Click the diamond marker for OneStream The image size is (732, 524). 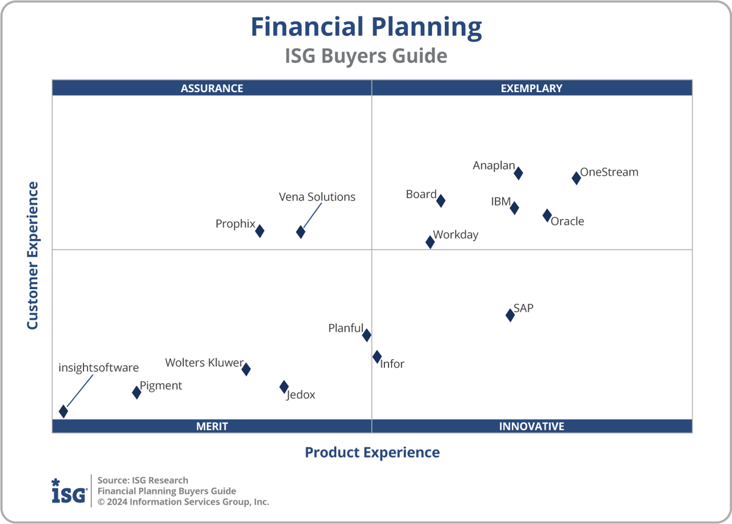point(576,178)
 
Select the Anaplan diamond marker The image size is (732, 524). point(518,173)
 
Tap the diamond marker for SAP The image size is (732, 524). point(510,315)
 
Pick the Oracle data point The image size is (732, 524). point(547,215)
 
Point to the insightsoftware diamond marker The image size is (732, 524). point(63,411)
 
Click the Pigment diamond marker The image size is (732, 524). point(137,392)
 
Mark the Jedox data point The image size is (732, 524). point(284,387)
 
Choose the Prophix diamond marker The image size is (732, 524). point(260,231)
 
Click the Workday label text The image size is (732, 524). point(456,235)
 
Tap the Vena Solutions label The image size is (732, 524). point(317,197)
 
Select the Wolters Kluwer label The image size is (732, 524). point(204,363)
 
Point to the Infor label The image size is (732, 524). point(392,364)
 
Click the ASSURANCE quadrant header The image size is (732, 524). point(212,88)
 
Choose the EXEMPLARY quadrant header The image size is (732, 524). point(531,88)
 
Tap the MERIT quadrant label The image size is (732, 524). point(212,426)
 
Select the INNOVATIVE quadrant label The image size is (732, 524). point(531,426)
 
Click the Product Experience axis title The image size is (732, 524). point(372,453)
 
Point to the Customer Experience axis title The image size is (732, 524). point(32,256)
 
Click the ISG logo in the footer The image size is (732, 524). point(68,491)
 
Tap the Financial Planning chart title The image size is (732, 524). point(366,28)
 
